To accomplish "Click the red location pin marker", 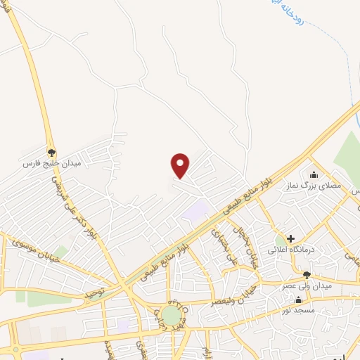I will pyautogui.click(x=181, y=165).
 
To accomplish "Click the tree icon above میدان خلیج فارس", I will pyautogui.click(x=51, y=151).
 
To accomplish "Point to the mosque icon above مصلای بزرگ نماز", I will pyautogui.click(x=314, y=175).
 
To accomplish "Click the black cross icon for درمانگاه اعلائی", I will pyautogui.click(x=290, y=238).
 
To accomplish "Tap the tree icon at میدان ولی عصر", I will pyautogui.click(x=307, y=275).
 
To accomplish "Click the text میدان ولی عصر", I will pyautogui.click(x=303, y=286).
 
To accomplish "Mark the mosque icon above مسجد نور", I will pyautogui.click(x=299, y=300).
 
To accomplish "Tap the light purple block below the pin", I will pyautogui.click(x=195, y=210).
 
